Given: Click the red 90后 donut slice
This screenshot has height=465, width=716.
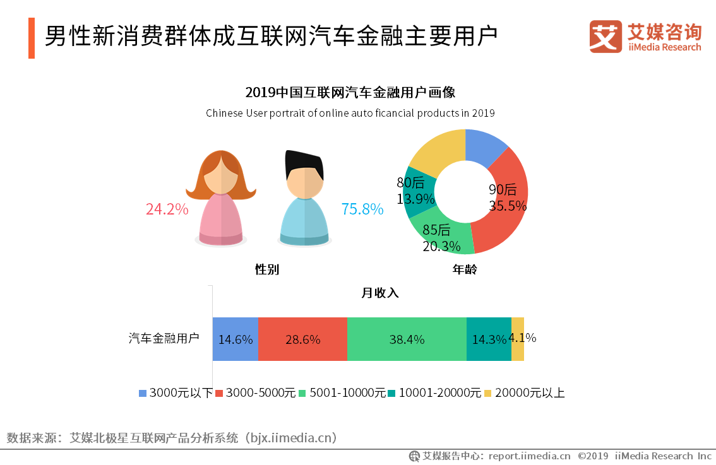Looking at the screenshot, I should pos(505,215).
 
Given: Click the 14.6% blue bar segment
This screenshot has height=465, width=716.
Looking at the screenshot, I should pos(235,339).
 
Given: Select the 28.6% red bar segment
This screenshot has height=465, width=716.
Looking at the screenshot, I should pos(302,339).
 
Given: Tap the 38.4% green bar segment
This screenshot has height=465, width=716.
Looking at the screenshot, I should pos(407,339).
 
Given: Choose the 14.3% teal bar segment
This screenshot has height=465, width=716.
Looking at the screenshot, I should pos(489,339).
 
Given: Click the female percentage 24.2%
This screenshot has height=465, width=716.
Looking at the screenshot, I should pos(167,209).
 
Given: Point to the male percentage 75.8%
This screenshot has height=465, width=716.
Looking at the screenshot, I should pos(362,209).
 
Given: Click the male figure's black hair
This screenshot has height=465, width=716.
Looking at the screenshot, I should pos(304,163).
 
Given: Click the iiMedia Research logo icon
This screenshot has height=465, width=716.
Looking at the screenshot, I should pos(606,37).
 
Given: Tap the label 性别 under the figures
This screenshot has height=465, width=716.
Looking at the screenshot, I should pos(266,270).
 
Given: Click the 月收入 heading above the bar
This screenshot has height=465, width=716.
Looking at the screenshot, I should pos(379,293).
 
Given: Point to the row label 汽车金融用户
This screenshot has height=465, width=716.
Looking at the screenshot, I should pos(164,338).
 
